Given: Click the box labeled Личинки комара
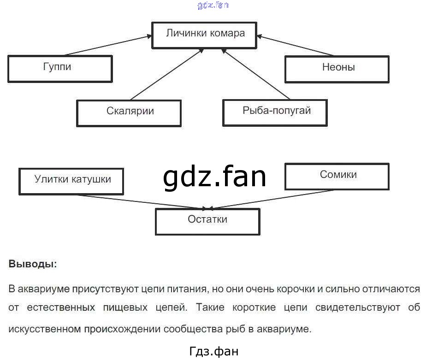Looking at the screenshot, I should tap(205, 34).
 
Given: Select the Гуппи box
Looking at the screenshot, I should tap(60, 69).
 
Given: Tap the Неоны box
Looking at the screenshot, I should tap(337, 69).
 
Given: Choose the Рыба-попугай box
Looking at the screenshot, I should tap(275, 112).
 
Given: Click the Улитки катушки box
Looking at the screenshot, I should tap(71, 181).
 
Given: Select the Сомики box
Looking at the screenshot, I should tap(337, 176).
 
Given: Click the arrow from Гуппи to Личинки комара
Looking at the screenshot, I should tap(108, 45).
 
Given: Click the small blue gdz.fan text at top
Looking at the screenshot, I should tap(213, 5).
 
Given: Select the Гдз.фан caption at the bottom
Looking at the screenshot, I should tap(214, 351).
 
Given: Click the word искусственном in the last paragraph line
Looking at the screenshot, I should tap(44, 329).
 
